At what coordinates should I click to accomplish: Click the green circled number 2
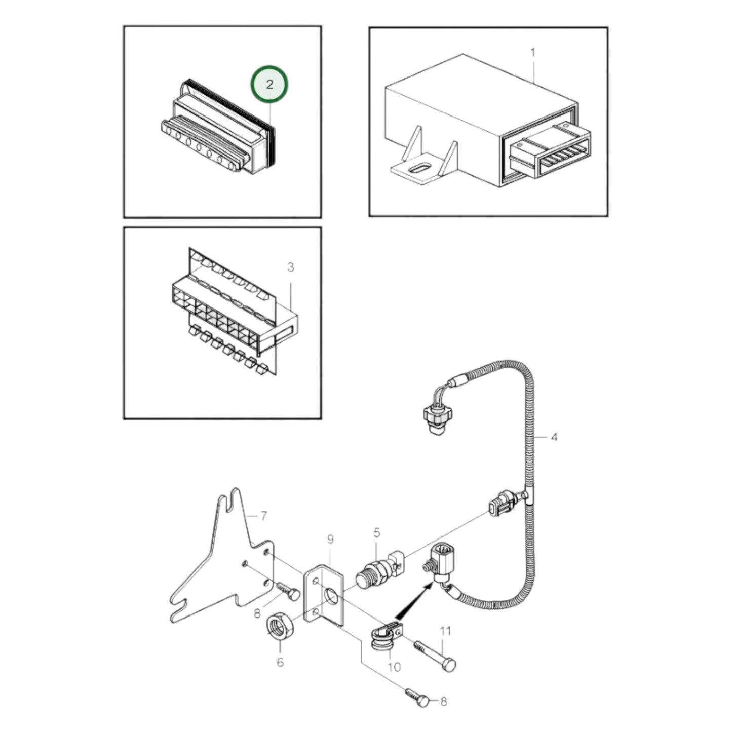[x=269, y=84]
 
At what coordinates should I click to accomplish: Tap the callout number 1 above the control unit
[x=532, y=52]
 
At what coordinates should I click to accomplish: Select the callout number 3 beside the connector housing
[x=290, y=267]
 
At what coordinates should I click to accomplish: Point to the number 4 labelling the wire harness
[x=554, y=437]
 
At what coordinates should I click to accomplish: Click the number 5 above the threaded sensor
[x=376, y=532]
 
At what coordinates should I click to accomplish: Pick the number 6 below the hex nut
[x=280, y=662]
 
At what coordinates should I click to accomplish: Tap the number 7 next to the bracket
[x=263, y=516]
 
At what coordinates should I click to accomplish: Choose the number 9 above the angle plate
[x=330, y=540]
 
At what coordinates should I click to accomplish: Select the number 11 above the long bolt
[x=445, y=631]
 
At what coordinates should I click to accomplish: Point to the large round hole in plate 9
[x=332, y=596]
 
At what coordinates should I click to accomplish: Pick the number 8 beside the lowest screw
[x=443, y=702]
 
